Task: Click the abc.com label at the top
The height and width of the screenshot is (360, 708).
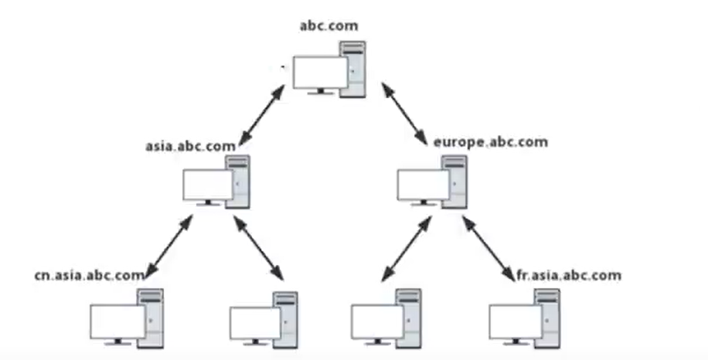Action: pyautogui.click(x=328, y=25)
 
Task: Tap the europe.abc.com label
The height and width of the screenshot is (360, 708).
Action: pyautogui.click(x=491, y=141)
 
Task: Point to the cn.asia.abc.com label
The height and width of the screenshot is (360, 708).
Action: pyautogui.click(x=89, y=273)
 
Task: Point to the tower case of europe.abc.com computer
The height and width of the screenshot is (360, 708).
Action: pyautogui.click(x=456, y=182)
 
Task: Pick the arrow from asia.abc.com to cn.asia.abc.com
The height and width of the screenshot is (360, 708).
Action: pyautogui.click(x=168, y=246)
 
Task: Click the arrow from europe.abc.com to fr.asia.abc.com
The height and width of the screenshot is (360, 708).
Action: pyautogui.click(x=488, y=249)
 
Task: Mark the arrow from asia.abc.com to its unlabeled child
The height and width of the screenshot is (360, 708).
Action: pyautogui.click(x=258, y=248)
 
